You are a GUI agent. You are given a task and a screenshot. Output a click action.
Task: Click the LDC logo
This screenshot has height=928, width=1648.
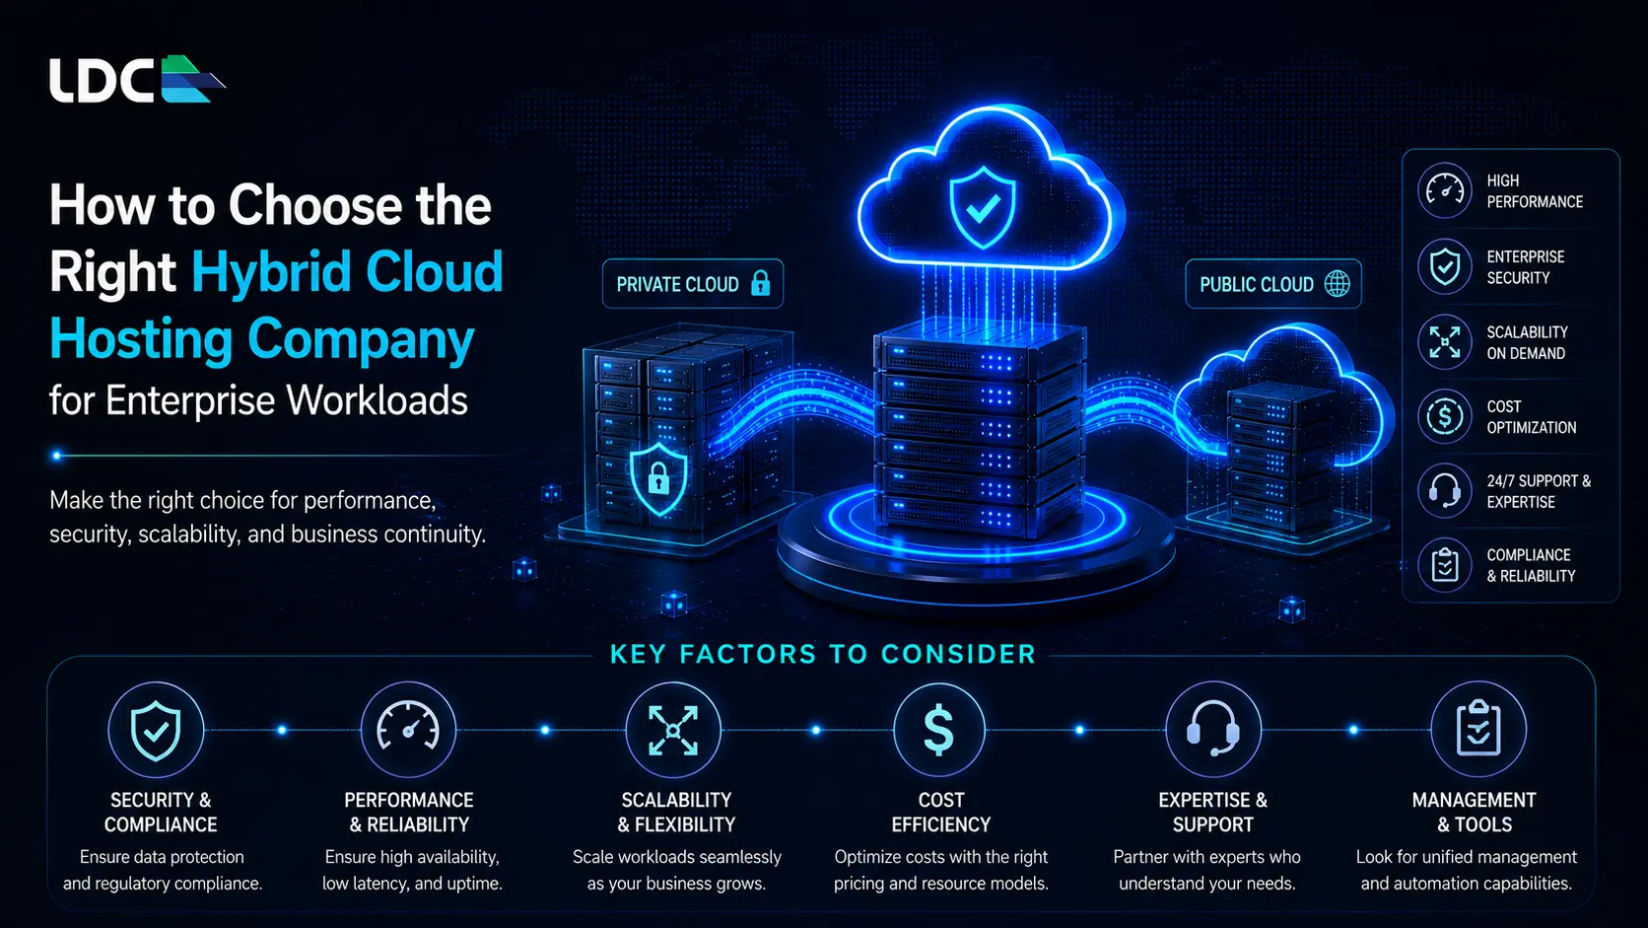point(137,79)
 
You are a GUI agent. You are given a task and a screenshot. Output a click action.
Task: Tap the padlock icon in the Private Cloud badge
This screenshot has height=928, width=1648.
point(760,283)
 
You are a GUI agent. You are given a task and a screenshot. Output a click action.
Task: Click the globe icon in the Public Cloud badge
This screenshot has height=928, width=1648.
point(1337,283)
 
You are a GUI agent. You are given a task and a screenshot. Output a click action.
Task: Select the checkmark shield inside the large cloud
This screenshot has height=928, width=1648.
point(982,207)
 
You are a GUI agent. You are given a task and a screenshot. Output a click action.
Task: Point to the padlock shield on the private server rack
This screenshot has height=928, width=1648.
point(658,477)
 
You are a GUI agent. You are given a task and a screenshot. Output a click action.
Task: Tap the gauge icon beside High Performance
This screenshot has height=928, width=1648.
point(1444,190)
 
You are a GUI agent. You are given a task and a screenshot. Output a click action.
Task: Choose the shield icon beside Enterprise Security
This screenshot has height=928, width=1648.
point(1444,266)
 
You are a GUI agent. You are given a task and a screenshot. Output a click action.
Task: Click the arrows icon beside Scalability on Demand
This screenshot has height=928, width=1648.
point(1444,342)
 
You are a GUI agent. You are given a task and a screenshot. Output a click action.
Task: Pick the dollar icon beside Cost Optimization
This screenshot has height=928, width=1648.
point(1444,416)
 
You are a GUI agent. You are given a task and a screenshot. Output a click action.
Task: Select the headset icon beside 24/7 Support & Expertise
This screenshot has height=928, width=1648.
point(1444,491)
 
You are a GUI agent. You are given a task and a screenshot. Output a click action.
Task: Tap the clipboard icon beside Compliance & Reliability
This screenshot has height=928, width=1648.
point(1444,565)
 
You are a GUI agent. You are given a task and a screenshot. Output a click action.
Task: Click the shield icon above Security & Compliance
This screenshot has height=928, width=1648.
point(155,730)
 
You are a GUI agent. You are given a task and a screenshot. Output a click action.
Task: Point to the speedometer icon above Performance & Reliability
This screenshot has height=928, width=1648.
point(408,730)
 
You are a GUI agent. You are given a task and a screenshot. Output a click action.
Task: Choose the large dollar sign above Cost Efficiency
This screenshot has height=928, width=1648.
point(938,730)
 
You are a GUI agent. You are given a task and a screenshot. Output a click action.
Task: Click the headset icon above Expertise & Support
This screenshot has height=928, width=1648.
point(1213,730)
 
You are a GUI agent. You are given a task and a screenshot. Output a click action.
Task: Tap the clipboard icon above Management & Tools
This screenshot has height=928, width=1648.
point(1478,730)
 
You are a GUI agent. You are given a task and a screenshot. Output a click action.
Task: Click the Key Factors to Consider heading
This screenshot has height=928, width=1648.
point(823,654)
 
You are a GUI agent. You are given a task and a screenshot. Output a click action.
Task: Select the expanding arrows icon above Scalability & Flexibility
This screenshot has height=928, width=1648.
point(673,730)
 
